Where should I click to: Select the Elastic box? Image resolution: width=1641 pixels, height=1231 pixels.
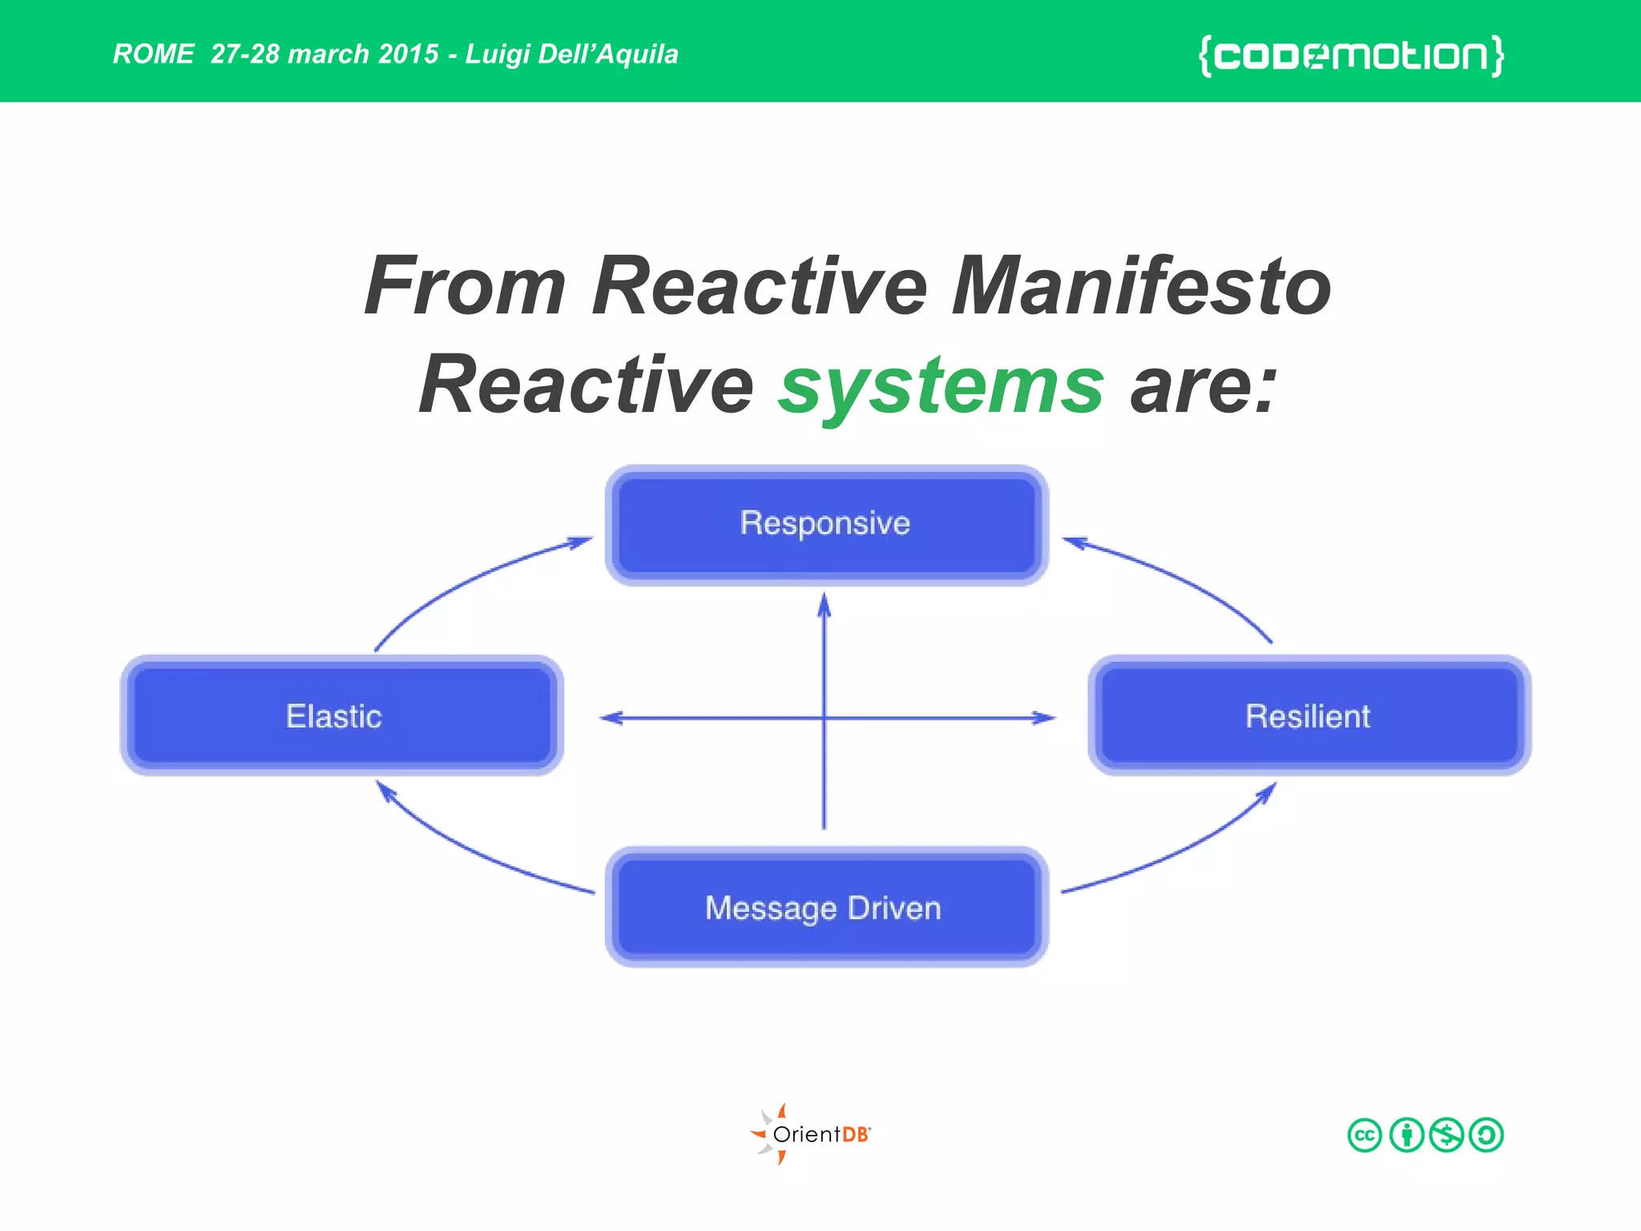click(x=341, y=716)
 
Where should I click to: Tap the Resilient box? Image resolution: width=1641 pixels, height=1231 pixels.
click(x=1309, y=716)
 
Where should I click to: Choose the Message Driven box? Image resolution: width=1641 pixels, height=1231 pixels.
click(x=826, y=907)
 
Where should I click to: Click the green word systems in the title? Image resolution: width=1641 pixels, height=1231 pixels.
click(x=941, y=387)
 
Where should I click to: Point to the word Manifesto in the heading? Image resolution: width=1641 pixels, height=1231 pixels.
click(x=1141, y=287)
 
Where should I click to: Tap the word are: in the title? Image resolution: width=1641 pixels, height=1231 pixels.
click(x=1202, y=387)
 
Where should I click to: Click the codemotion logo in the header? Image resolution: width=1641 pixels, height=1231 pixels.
click(x=1351, y=55)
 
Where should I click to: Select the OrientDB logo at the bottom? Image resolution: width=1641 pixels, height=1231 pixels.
click(x=811, y=1134)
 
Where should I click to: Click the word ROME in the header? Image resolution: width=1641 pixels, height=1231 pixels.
click(x=153, y=54)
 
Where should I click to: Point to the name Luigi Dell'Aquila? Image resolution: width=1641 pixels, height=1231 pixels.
click(x=571, y=54)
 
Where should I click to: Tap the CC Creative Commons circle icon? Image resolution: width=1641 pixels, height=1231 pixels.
click(x=1365, y=1135)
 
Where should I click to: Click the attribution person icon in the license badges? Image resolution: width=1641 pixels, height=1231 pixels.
click(x=1406, y=1135)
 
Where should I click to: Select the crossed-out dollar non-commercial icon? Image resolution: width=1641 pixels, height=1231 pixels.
click(x=1446, y=1135)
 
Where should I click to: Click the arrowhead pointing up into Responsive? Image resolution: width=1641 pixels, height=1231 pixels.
click(x=825, y=605)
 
